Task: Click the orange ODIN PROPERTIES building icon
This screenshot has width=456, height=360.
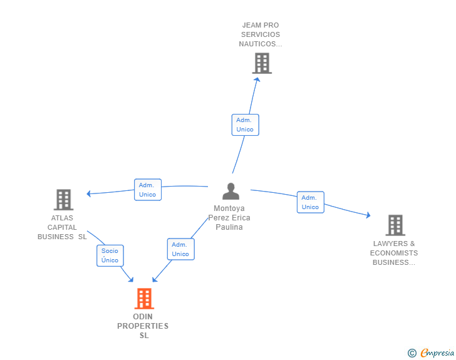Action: (144, 299)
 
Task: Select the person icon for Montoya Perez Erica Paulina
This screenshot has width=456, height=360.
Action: (231, 192)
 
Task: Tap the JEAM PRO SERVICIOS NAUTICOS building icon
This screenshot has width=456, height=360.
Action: (262, 63)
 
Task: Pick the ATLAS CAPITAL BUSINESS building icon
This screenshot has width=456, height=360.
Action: (63, 200)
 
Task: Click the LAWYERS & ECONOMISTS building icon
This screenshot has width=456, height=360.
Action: (395, 225)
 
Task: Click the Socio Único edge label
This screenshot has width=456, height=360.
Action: (110, 255)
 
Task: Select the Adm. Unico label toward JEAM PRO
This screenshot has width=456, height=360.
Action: (245, 125)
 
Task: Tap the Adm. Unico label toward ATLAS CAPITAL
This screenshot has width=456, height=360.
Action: (148, 190)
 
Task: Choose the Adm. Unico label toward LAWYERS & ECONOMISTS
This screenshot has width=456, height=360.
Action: (310, 202)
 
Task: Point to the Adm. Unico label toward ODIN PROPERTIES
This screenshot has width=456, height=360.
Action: (180, 249)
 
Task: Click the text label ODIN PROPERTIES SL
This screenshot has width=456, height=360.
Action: (143, 326)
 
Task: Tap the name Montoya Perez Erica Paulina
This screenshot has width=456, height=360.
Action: (229, 218)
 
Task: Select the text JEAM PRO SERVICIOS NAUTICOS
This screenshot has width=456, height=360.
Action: (260, 34)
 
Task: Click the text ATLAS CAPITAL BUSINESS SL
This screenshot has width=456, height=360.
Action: (62, 227)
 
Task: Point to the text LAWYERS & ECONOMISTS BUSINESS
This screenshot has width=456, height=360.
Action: (394, 253)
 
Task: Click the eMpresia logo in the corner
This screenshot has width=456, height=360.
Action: (437, 353)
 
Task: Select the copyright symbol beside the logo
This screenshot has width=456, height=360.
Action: (412, 353)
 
